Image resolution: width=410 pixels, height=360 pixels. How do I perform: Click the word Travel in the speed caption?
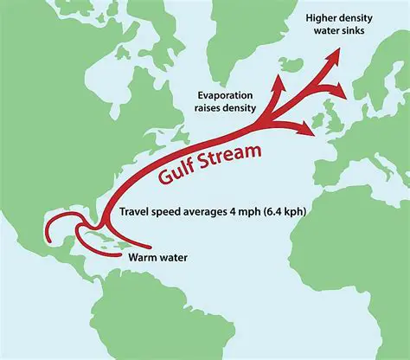coord(135,212)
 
